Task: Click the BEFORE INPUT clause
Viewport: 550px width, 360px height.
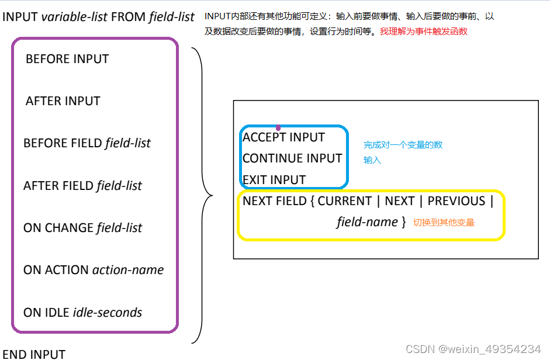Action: tap(67, 59)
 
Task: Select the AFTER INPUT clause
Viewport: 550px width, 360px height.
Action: tap(63, 101)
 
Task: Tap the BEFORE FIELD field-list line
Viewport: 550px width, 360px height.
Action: tap(87, 143)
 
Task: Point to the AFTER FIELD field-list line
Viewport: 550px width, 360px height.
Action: tap(83, 186)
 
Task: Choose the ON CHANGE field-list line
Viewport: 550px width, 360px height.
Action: tap(83, 228)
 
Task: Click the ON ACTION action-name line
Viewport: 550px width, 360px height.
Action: tap(94, 270)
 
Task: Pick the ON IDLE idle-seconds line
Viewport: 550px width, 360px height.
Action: tap(83, 313)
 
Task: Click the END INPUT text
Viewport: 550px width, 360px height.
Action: tap(34, 354)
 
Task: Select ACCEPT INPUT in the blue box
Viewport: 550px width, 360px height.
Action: tap(283, 137)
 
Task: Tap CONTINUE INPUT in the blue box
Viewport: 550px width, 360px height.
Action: tap(292, 158)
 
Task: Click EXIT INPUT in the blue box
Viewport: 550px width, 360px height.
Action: tap(274, 179)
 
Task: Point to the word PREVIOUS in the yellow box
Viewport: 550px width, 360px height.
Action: tap(456, 201)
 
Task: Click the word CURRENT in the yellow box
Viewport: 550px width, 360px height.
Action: tap(345, 201)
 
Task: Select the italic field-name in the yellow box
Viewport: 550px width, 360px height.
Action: tap(367, 222)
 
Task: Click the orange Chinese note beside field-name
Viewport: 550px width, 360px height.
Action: tap(444, 223)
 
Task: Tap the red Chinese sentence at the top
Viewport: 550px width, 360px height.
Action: tap(424, 32)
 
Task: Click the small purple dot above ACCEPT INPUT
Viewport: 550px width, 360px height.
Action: tap(278, 127)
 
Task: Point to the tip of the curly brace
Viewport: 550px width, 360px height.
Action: tap(211, 196)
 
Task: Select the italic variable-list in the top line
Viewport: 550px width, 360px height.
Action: tap(75, 16)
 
